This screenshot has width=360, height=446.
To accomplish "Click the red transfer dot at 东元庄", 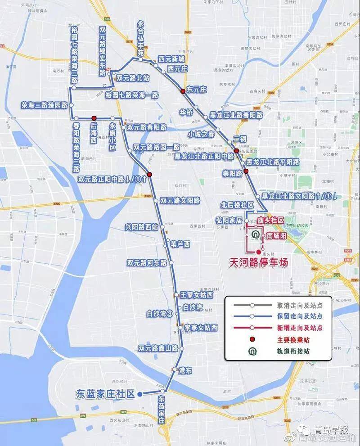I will coord(183,91).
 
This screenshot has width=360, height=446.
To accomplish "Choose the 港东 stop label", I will coord(185,370).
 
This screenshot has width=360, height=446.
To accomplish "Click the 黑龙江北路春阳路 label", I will coord(236,115).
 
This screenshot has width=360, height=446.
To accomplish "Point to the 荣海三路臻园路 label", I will coord(44,105).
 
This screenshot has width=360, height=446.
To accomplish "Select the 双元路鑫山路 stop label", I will coord(158,348).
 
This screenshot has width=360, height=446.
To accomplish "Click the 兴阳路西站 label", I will coord(142,227).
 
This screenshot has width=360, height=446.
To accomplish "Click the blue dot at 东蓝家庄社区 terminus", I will coord(140,394).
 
